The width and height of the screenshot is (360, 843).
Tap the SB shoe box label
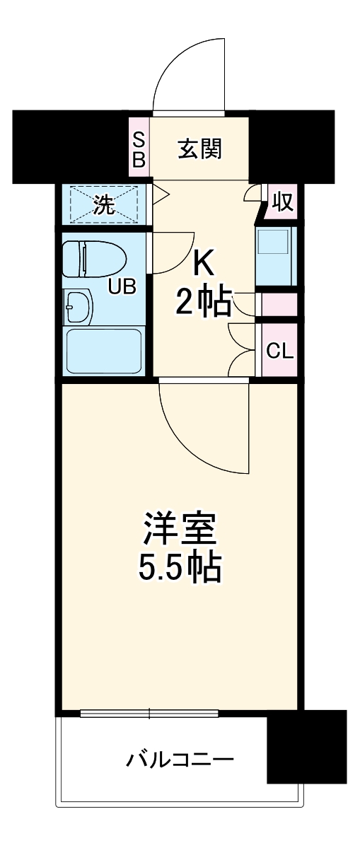tap(139, 149)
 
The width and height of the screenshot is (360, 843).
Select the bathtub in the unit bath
tap(103, 351)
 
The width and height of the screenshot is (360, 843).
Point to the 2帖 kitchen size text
tap(204, 303)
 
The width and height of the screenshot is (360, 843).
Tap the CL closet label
tap(279, 351)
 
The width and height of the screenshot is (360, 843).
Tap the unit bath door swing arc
tap(172, 253)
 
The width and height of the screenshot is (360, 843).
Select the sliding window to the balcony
tap(149, 713)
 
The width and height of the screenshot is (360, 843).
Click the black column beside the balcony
tap(306, 746)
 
